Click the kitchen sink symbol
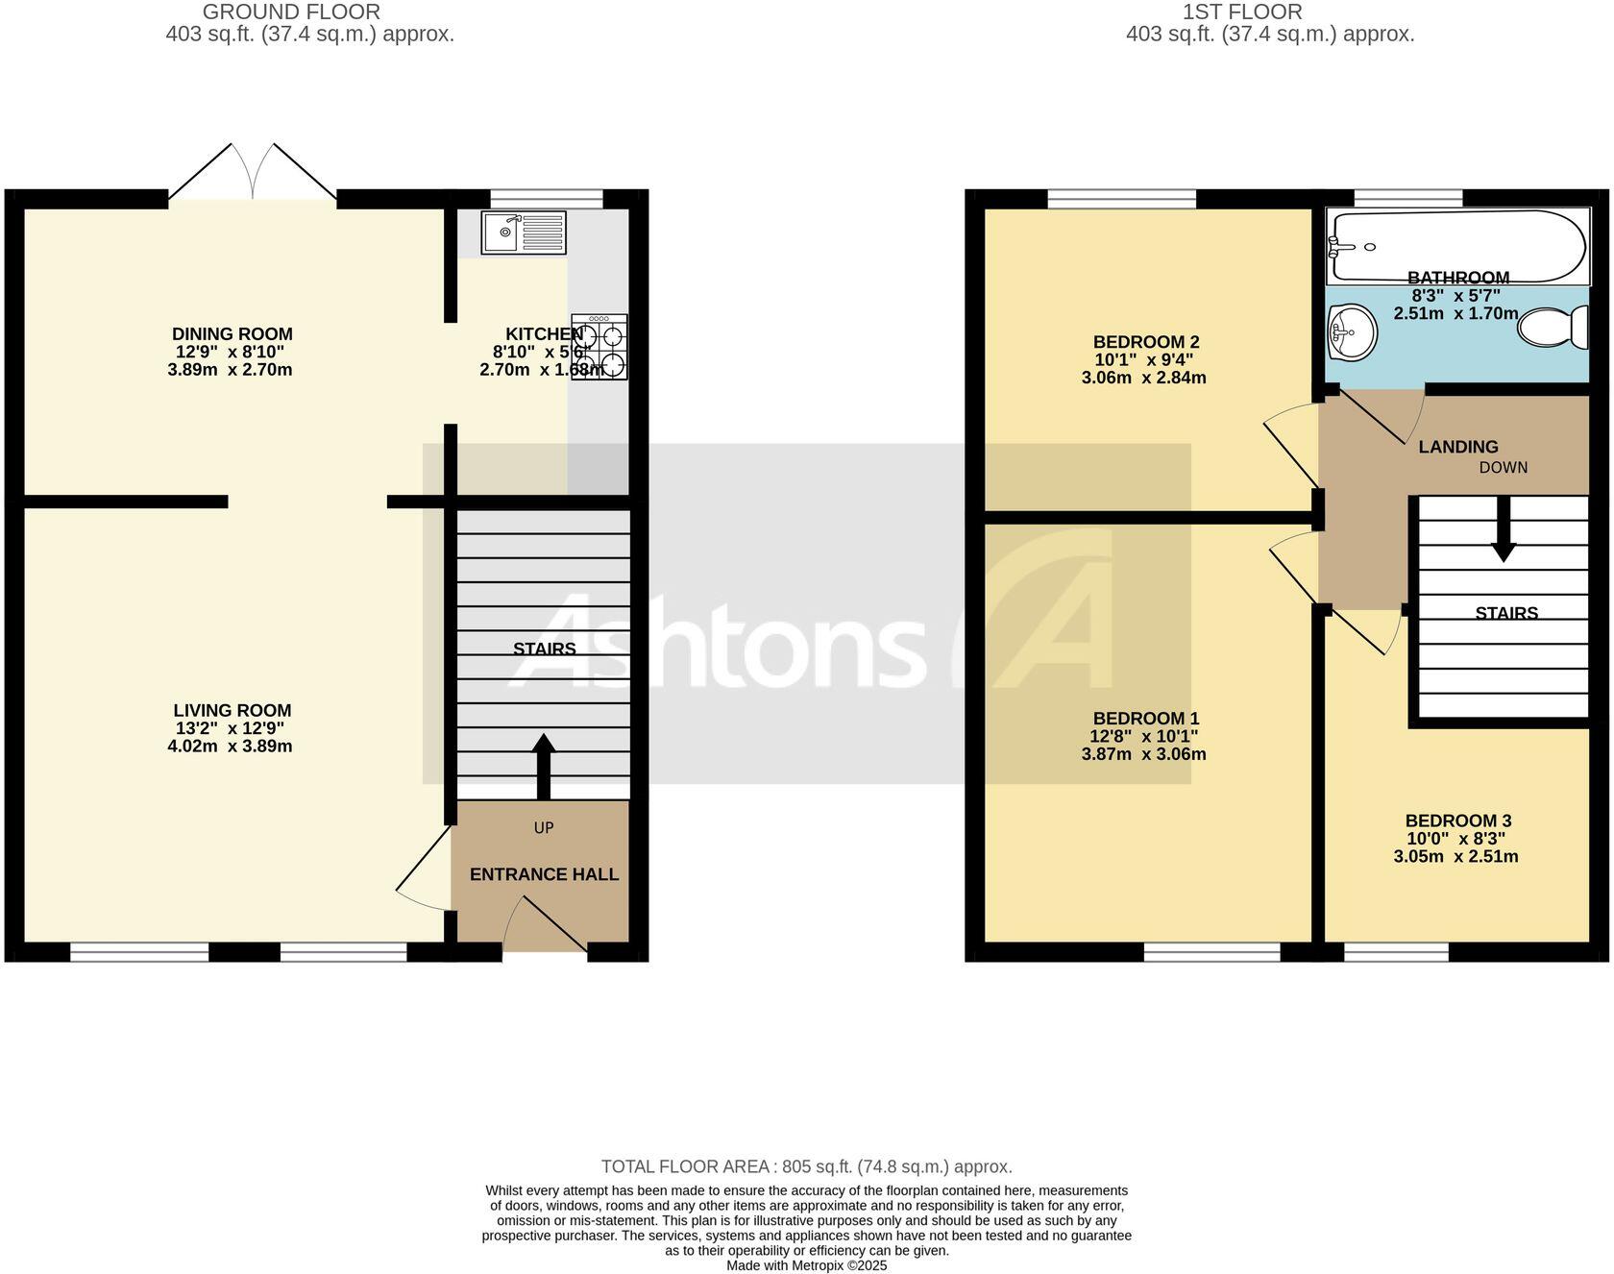click(524, 233)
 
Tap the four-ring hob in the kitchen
click(599, 347)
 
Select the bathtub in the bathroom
click(1456, 246)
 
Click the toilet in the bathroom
click(1551, 328)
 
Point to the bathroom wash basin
click(1351, 332)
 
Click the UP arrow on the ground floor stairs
click(544, 766)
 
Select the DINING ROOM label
click(232, 334)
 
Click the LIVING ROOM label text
click(232, 711)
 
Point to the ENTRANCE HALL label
click(544, 874)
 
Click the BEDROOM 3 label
click(1457, 821)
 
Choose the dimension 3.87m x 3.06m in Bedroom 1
click(1143, 754)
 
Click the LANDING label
click(1457, 447)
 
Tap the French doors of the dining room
click(253, 174)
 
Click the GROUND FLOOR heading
click(291, 12)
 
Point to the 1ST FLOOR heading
click(1241, 12)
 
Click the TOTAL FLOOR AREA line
click(806, 1166)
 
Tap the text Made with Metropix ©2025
click(806, 1265)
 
